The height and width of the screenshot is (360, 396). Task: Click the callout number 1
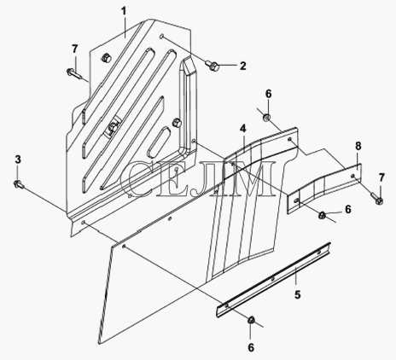124,12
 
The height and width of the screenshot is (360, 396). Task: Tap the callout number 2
242,66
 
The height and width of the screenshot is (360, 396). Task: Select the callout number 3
18,160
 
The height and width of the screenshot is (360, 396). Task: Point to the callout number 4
242,129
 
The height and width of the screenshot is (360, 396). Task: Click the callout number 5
298,295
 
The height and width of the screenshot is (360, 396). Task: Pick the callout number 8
358,146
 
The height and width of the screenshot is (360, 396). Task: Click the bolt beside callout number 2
212,66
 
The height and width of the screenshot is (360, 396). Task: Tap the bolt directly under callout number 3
19,184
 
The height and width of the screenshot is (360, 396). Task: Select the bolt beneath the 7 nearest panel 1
74,73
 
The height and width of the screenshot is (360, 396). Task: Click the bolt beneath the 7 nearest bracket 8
376,198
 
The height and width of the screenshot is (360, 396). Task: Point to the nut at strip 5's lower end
251,320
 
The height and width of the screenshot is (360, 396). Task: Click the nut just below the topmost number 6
266,117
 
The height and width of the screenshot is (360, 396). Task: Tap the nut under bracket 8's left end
322,216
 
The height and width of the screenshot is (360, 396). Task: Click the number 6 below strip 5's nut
251,347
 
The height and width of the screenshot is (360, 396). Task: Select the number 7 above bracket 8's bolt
381,178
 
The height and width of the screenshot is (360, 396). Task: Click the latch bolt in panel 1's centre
112,127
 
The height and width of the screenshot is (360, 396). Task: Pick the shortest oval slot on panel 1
159,142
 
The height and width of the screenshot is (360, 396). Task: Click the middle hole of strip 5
272,279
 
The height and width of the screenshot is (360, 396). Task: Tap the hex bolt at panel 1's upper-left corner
106,58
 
